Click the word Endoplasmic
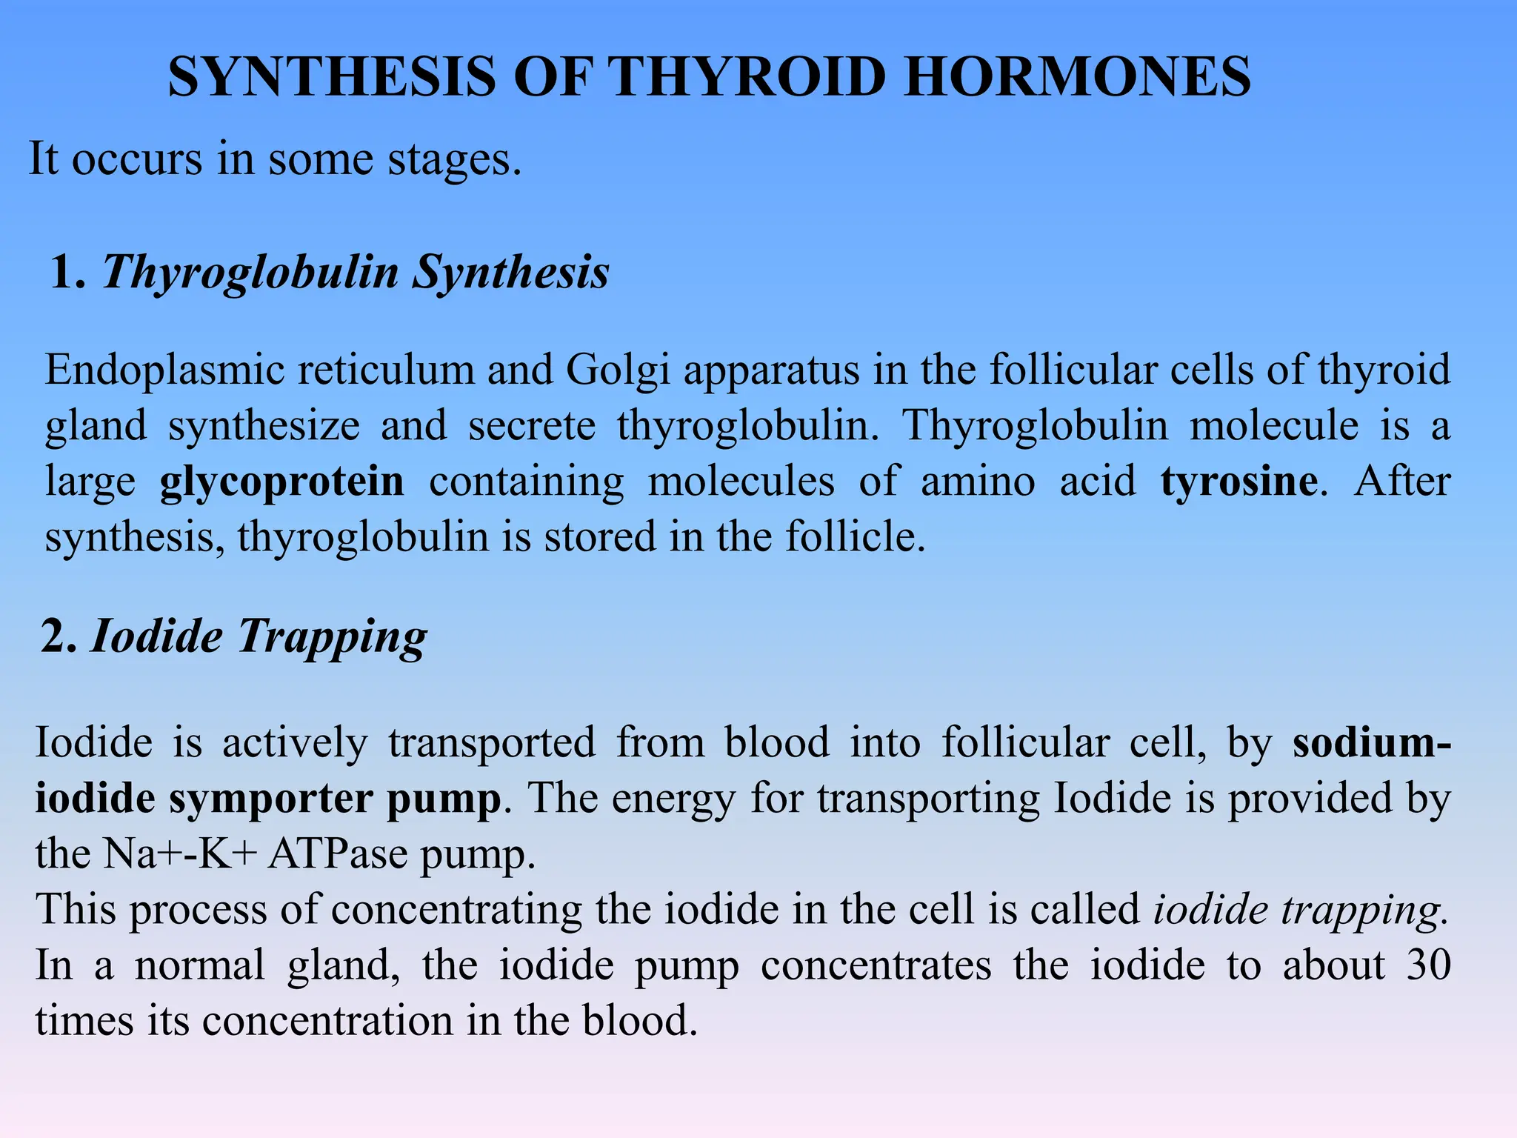pos(164,370)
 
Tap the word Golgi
pos(618,371)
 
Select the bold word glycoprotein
pos(281,482)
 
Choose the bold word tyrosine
pos(1238,482)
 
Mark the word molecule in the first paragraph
pos(1274,425)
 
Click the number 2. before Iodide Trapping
pos(59,636)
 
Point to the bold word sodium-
pos(1371,742)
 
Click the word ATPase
pos(338,854)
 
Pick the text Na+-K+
pos(180,854)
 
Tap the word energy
pos(673,799)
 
